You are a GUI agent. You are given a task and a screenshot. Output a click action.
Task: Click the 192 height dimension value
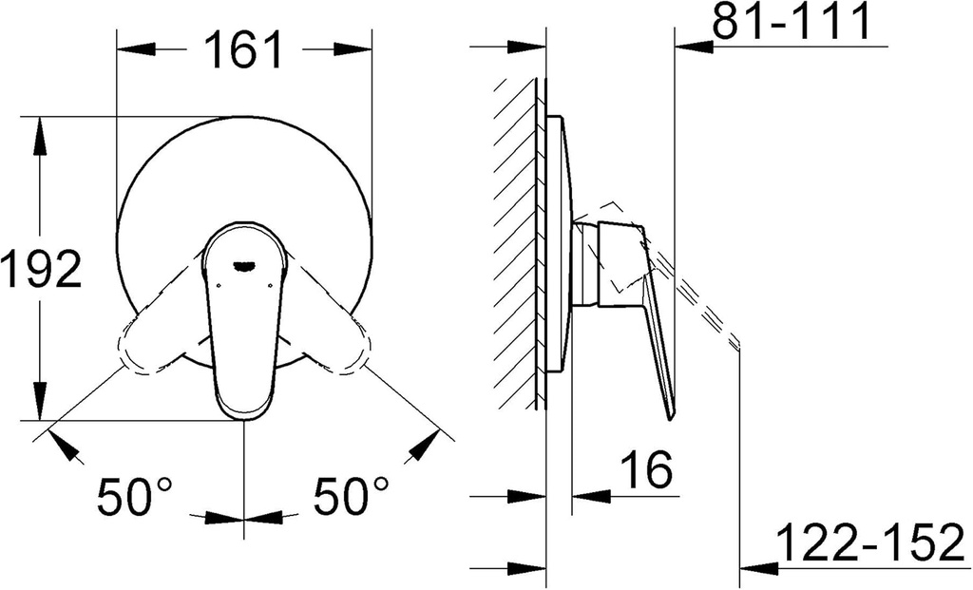(x=41, y=272)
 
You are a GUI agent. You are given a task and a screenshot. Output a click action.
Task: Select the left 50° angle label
(x=135, y=496)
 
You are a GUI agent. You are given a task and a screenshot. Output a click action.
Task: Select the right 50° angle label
(x=352, y=496)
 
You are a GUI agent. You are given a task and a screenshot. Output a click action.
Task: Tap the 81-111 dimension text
(x=792, y=24)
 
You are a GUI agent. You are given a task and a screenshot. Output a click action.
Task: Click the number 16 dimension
(x=646, y=469)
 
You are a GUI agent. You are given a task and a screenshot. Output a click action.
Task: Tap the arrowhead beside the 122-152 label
(x=756, y=568)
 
